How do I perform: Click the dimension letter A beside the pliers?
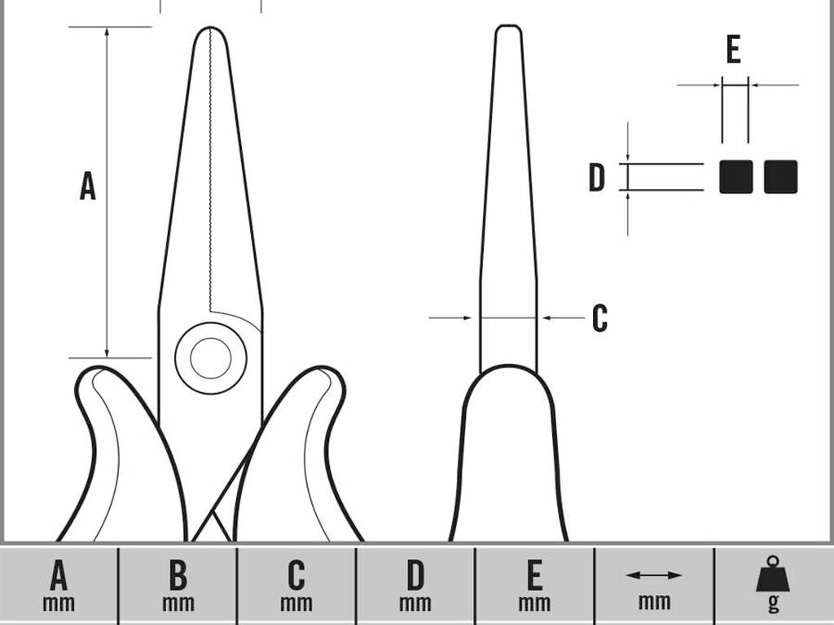[x=88, y=186]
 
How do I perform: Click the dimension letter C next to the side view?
[x=600, y=318]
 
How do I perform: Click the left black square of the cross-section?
[x=735, y=177]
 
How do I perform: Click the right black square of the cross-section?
[x=780, y=177]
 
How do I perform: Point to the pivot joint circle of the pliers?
[x=211, y=358]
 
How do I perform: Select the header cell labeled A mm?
[x=59, y=585]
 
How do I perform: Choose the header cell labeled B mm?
[x=178, y=585]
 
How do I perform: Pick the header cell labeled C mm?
[x=296, y=585]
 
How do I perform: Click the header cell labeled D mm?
[x=415, y=585]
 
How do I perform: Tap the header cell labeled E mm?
[x=534, y=585]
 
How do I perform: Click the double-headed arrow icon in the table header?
[x=654, y=575]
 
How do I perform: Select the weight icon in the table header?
[x=773, y=574]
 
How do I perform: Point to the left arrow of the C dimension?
[x=450, y=318]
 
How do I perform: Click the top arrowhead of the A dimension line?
[x=107, y=32]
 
